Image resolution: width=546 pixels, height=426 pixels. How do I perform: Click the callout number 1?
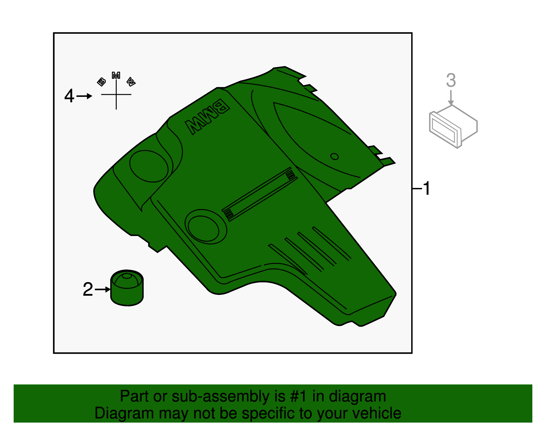[x=426, y=188]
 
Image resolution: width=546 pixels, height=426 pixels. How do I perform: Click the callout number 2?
[x=88, y=290]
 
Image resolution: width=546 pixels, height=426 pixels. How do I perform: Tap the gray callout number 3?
[x=451, y=80]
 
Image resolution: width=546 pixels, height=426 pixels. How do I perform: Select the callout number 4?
[x=69, y=96]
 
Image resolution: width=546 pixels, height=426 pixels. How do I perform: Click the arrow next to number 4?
[x=84, y=96]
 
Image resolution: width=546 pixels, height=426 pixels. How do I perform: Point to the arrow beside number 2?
[x=103, y=290]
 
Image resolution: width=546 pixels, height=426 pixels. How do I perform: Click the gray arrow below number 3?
[x=451, y=98]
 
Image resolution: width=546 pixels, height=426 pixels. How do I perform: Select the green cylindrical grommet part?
[x=127, y=288]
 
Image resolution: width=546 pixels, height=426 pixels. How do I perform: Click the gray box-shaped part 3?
[x=453, y=126]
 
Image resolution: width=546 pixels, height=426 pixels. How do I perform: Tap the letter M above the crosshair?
[x=116, y=75]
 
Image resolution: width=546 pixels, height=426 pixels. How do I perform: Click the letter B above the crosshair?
[x=101, y=82]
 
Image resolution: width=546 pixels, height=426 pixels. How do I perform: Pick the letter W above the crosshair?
[x=131, y=82]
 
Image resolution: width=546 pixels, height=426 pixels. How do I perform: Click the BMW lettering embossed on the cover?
[x=207, y=117]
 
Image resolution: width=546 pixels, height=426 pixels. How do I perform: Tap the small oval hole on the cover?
[x=334, y=157]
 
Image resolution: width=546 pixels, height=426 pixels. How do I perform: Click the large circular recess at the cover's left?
[x=149, y=166]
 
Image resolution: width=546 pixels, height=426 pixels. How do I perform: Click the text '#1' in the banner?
[x=299, y=397]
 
